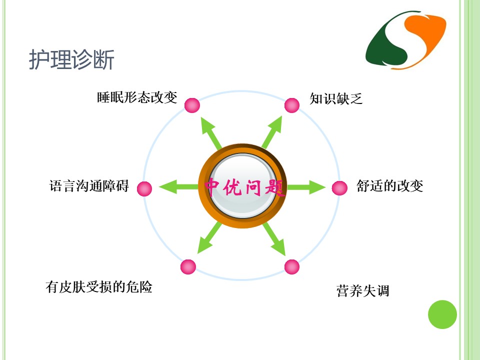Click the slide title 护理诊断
click(x=71, y=59)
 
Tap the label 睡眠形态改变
click(x=137, y=97)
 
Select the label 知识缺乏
click(x=336, y=98)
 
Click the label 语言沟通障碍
click(x=89, y=186)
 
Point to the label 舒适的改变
click(x=389, y=186)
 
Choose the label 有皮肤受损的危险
click(x=99, y=287)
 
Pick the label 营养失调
click(x=363, y=290)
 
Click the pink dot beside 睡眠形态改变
click(x=192, y=105)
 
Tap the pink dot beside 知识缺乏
click(x=291, y=105)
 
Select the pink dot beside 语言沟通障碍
click(x=144, y=188)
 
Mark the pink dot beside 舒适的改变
click(x=339, y=187)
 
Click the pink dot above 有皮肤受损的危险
click(x=188, y=266)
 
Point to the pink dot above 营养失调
click(x=291, y=266)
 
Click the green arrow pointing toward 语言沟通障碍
click(x=179, y=186)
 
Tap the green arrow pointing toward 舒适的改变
click(x=306, y=186)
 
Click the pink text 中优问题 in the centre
click(x=244, y=187)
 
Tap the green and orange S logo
click(x=405, y=40)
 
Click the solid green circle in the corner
click(x=442, y=314)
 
